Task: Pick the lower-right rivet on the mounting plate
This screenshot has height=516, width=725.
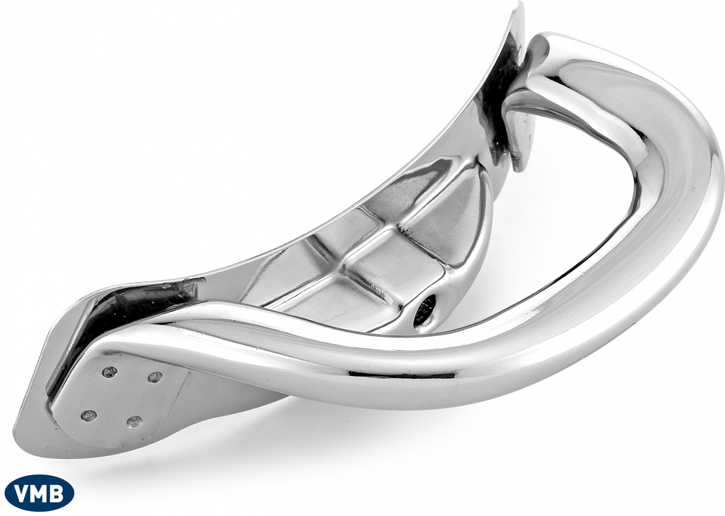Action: click(x=134, y=421)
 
